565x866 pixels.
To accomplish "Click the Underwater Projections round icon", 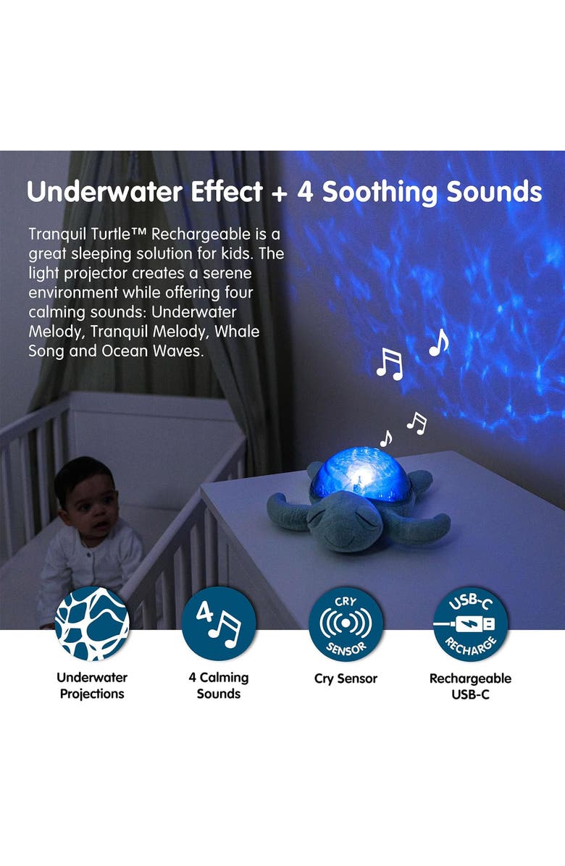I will click(92, 623).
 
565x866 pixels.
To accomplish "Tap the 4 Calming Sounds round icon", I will click(218, 623).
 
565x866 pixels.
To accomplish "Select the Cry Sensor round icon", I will click(346, 623).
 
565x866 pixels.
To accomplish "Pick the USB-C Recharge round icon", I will click(470, 623).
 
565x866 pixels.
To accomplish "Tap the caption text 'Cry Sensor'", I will click(346, 678).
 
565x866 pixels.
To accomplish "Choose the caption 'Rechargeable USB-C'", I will click(470, 686).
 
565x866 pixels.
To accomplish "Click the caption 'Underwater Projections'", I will click(92, 686).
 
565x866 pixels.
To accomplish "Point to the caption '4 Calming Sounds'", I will click(218, 686).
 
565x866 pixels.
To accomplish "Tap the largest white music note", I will click(389, 363).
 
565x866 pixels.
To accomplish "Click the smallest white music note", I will click(386, 438).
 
